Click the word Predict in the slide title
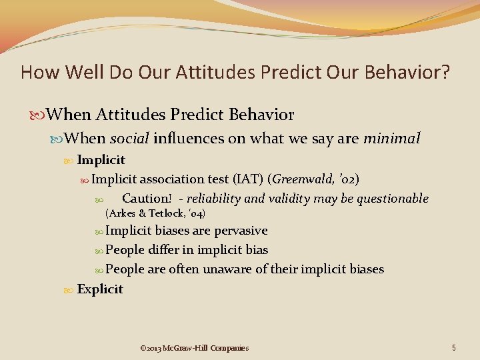click(282, 72)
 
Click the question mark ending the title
click(445, 72)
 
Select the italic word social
click(129, 139)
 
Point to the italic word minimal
click(391, 139)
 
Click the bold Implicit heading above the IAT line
click(101, 160)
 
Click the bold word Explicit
click(100, 289)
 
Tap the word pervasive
click(241, 231)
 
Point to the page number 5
click(453, 347)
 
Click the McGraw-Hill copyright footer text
click(194, 348)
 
